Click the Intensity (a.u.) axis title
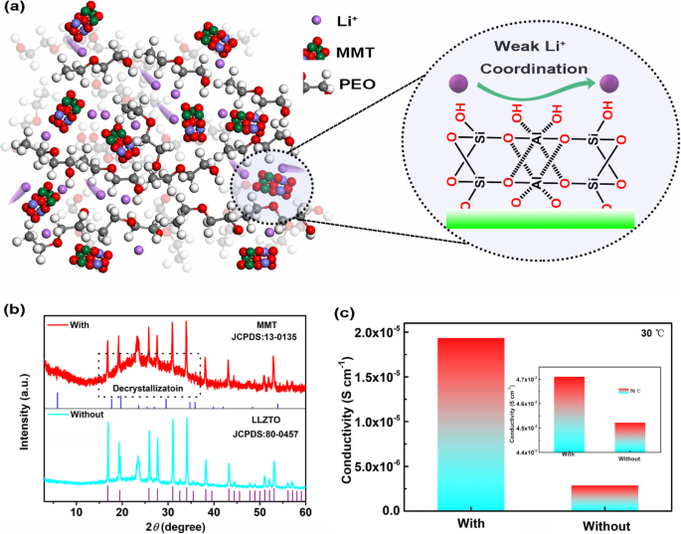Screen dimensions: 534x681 (23, 408)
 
